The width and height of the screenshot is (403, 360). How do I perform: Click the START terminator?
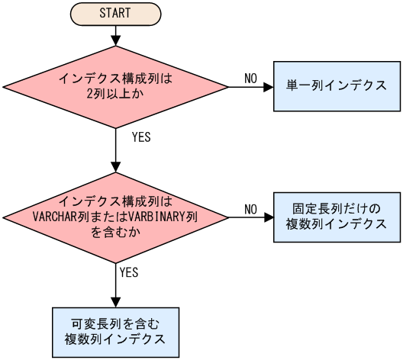(114, 13)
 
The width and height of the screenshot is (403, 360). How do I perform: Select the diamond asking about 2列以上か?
(114, 87)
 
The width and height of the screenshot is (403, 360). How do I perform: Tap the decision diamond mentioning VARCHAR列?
(114, 217)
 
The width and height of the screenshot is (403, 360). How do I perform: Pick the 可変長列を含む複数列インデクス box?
(115, 329)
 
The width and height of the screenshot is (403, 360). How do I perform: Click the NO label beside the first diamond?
(250, 78)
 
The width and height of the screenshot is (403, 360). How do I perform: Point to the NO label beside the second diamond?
(250, 208)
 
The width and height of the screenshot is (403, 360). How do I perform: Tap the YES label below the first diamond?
(141, 138)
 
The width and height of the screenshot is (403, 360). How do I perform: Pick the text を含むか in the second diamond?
(114, 230)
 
